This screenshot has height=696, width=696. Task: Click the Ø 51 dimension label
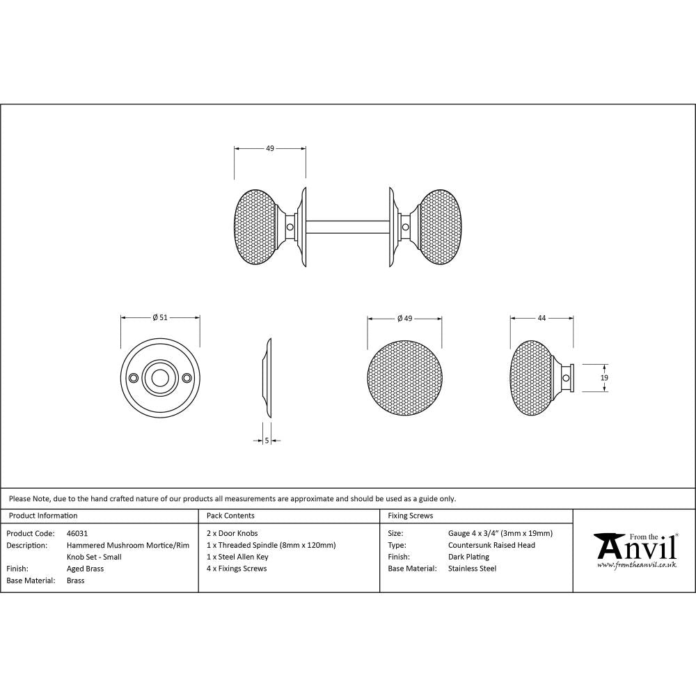[x=160, y=317]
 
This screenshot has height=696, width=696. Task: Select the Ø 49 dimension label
[x=404, y=318]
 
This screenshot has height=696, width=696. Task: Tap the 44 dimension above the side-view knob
[x=541, y=317]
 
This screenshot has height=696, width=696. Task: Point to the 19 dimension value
[x=604, y=377]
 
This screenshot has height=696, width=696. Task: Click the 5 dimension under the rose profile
[x=267, y=440]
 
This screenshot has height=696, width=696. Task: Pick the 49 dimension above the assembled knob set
[x=270, y=148]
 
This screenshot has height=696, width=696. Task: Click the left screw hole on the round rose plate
[x=133, y=378]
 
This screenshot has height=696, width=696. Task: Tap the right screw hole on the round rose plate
[x=187, y=378]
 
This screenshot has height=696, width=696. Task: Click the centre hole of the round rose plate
[x=160, y=378]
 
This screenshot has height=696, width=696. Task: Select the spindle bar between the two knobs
[x=346, y=226]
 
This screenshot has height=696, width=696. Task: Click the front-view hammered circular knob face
[x=404, y=377]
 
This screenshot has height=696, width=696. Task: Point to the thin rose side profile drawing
[x=267, y=379]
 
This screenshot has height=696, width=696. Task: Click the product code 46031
[x=77, y=533]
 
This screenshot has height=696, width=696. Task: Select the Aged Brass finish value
[x=85, y=569]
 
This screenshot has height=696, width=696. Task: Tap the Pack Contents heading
[x=230, y=516]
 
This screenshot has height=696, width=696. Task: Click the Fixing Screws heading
[x=410, y=516]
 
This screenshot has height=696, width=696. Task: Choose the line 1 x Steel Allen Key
[x=237, y=557]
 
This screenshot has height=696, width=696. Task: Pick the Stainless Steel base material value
[x=473, y=569]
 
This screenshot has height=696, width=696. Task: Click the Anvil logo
[x=635, y=550]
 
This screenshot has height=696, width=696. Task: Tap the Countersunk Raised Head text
[x=491, y=545]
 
